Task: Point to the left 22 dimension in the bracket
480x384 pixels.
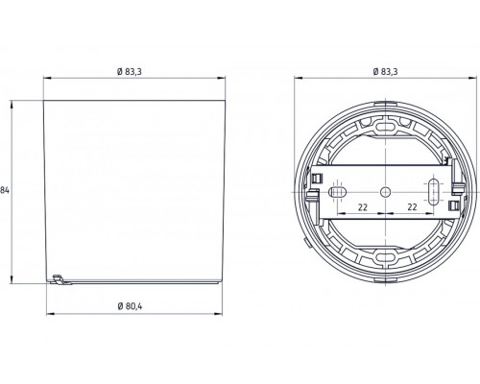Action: coord(362,207)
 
